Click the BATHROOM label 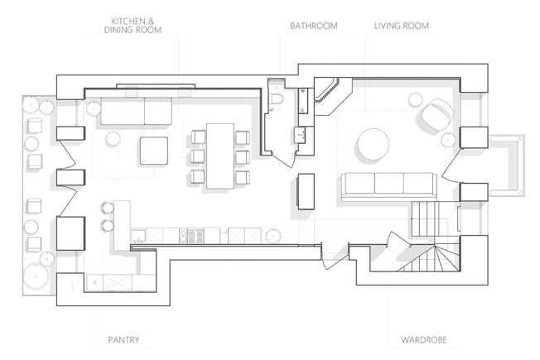tap(313, 26)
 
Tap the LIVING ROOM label tap(401, 26)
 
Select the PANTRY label tap(123, 340)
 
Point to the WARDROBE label tap(423, 340)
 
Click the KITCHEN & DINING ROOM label tap(133, 26)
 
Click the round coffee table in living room tap(373, 144)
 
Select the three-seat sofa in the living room tap(389, 186)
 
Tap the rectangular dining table tap(220, 156)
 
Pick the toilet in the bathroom tap(276, 98)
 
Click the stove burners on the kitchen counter tap(191, 236)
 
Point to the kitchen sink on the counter tap(139, 235)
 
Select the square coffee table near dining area tap(154, 151)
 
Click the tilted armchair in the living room tap(436, 114)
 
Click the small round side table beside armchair tap(415, 100)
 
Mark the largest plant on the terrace tap(36, 276)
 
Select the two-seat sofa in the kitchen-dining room tap(137, 111)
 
